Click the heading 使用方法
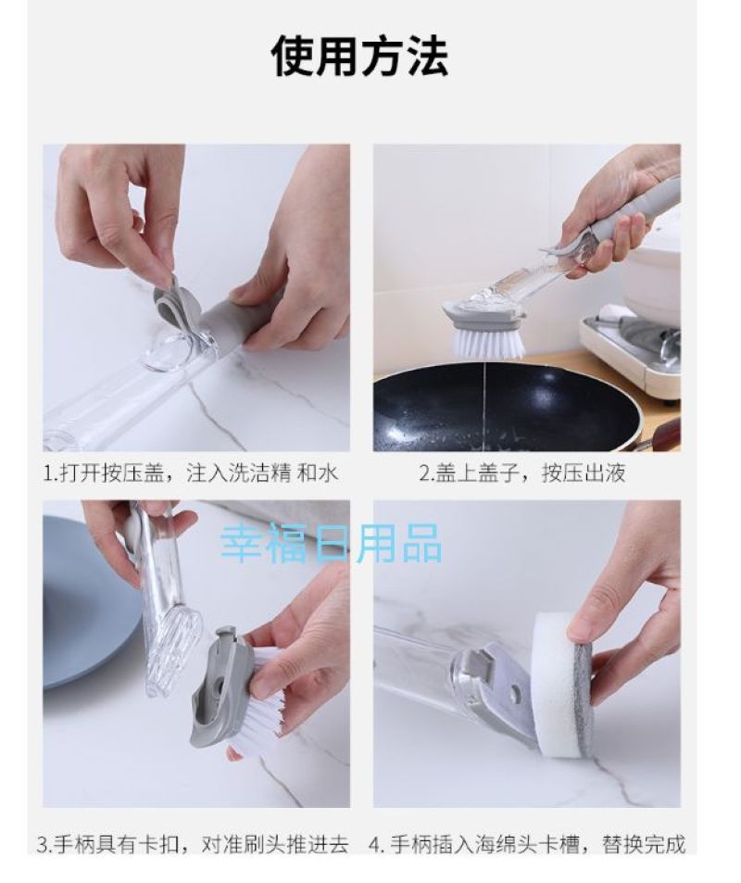360,56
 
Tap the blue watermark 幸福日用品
331,543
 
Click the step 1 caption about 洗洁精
191,473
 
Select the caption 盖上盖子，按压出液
522,473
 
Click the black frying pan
507,406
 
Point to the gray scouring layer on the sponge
585,699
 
